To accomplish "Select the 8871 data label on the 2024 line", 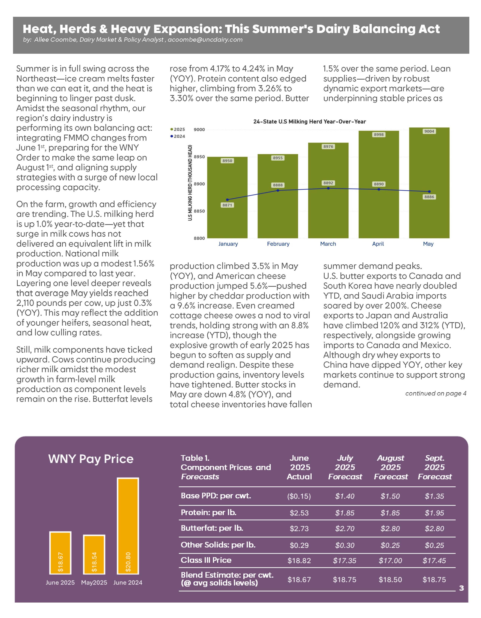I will tap(227, 205).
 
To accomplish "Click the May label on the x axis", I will tap(428, 244).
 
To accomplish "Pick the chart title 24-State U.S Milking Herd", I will tap(309, 122).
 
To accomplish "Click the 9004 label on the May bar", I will tap(429, 131).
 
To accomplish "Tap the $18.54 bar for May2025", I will tap(94, 555).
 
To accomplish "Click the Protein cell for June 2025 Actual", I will tap(299, 513).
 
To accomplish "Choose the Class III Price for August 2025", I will tap(390, 560).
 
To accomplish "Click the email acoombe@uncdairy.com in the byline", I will tap(205, 40).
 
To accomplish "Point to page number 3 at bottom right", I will tap(461, 588).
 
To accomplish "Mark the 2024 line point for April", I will tap(379, 189).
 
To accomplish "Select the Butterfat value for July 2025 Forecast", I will tap(345, 529).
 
